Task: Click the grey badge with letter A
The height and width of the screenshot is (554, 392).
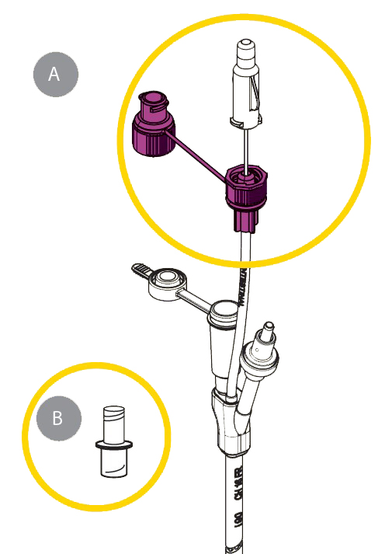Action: coord(54,74)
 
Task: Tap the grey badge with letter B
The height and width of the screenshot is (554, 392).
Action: coord(57,419)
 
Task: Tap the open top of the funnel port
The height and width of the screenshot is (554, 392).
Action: coord(223,311)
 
